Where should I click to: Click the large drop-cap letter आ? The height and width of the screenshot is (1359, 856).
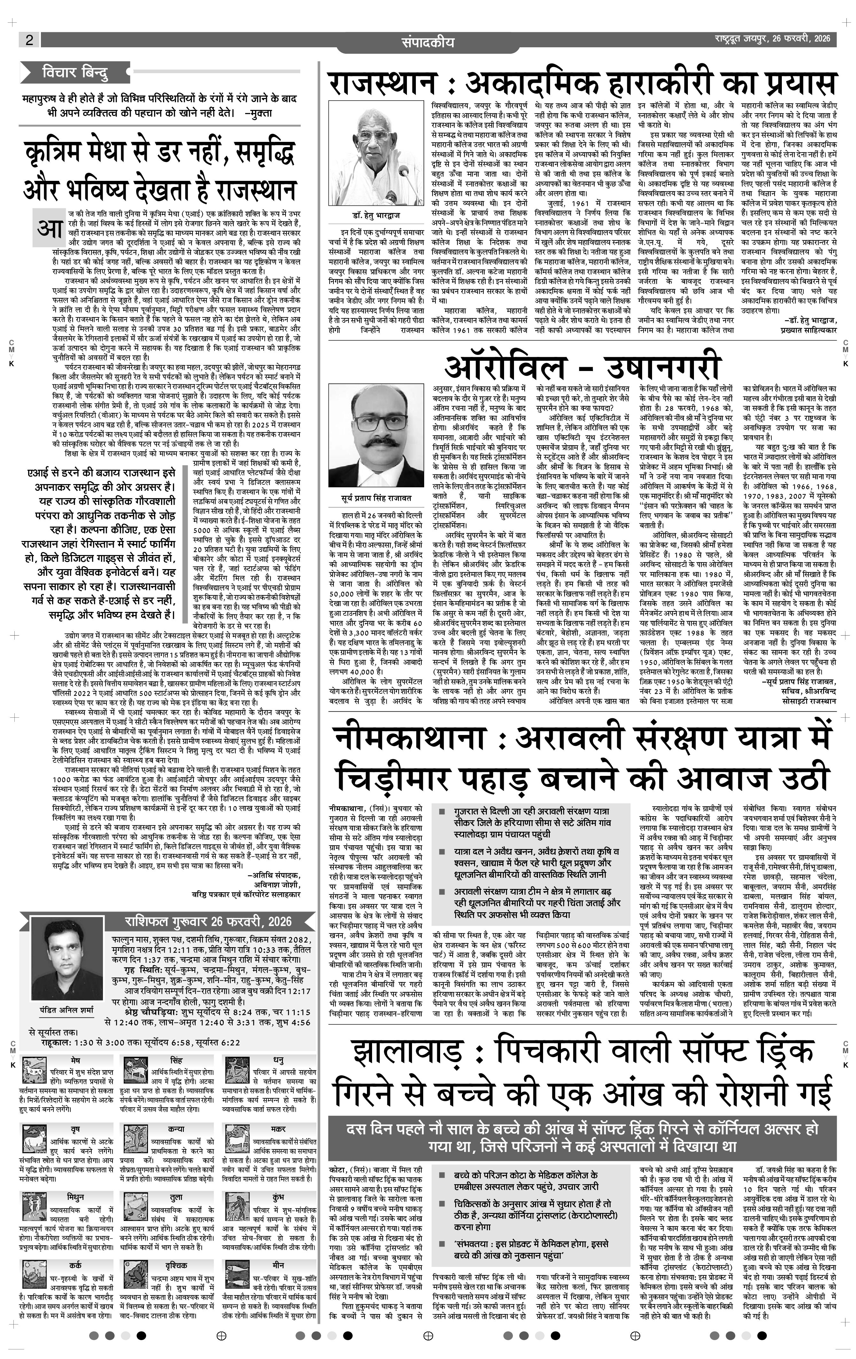pyautogui.click(x=49, y=228)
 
